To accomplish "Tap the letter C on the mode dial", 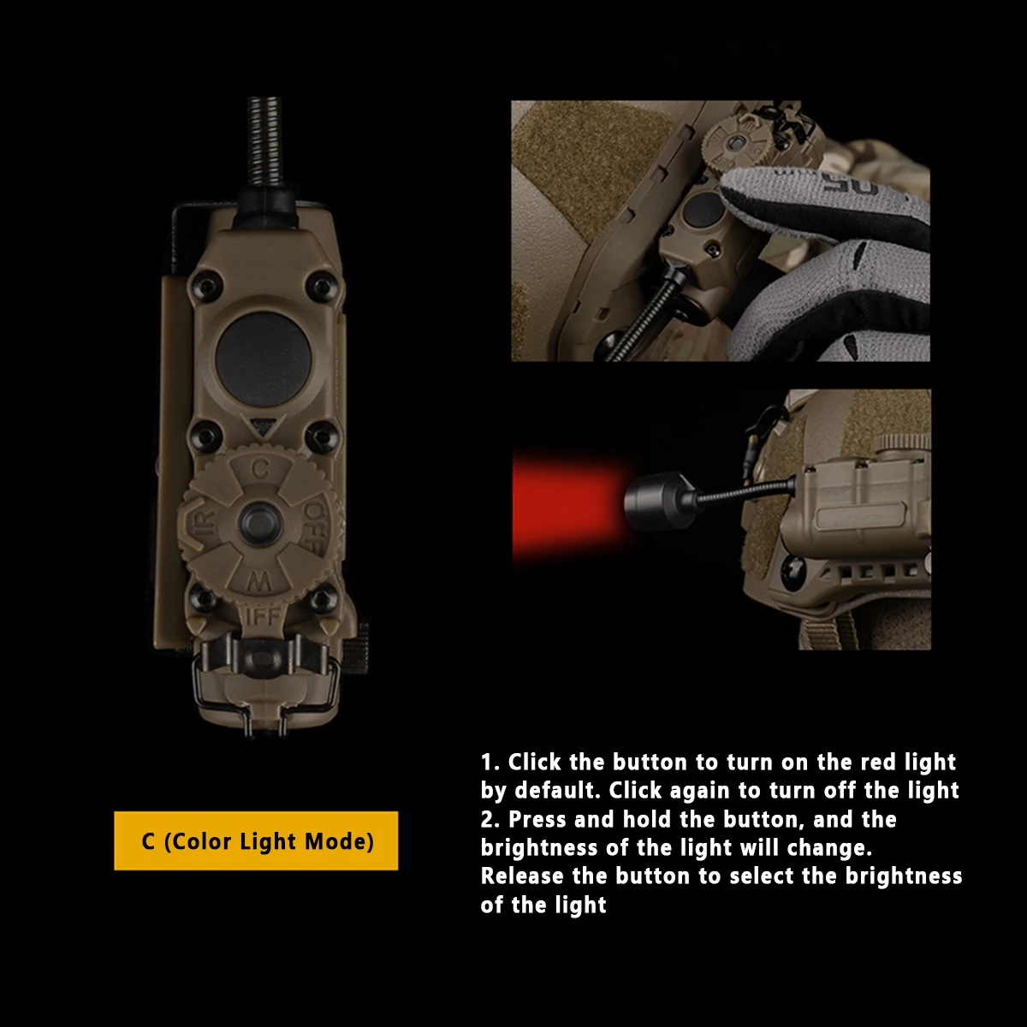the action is tap(260, 469).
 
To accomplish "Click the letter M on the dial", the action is tap(260, 581).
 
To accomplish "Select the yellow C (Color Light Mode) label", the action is tap(256, 841).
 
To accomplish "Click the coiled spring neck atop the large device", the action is tap(264, 142).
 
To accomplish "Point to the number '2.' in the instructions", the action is tap(490, 819).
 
